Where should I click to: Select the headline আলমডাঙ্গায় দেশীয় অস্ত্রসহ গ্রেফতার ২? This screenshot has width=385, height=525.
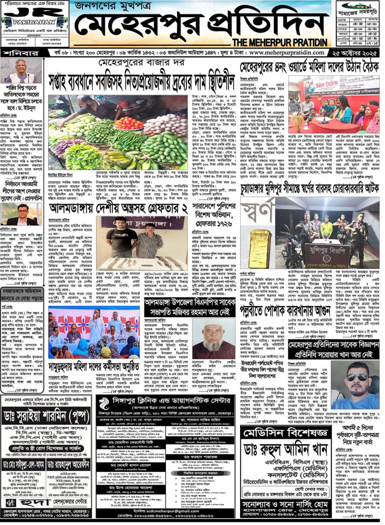click(x=117, y=208)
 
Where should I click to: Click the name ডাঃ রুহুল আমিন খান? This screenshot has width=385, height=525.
click(x=303, y=450)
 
